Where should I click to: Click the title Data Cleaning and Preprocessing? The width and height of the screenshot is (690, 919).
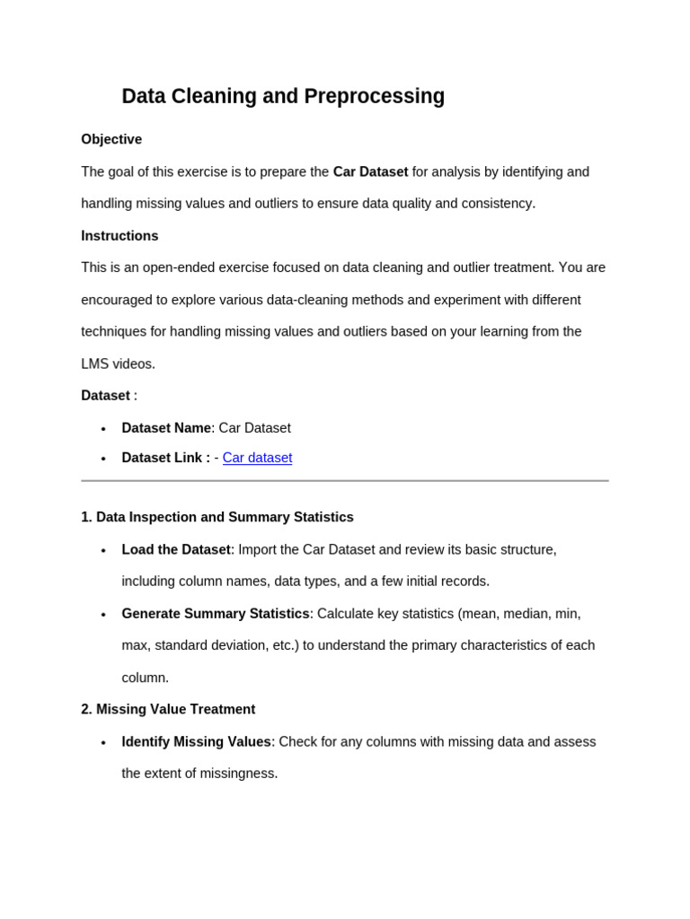283,96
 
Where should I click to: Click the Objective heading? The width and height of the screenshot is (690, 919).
111,139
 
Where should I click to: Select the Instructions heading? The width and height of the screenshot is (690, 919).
119,236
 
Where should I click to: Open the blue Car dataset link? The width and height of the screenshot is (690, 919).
257,458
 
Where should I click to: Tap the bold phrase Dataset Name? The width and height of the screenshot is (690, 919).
166,428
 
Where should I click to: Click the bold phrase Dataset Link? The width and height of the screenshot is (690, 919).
165,458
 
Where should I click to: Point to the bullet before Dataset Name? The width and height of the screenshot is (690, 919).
103,429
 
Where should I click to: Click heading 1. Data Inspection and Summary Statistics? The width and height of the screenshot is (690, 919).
217,517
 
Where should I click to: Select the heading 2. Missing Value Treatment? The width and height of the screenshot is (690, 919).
168,709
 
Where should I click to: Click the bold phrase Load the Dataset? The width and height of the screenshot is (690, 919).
176,549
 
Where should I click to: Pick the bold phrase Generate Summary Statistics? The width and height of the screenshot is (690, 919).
216,614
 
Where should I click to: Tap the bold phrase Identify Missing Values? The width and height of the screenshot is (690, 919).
197,741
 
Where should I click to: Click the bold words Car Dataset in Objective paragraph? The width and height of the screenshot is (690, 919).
370,171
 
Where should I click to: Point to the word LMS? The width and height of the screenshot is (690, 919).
94,363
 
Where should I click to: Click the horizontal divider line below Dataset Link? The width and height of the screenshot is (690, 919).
345,481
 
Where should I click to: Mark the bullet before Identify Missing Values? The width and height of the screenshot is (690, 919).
103,742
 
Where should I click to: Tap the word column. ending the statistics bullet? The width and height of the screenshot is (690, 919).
146,678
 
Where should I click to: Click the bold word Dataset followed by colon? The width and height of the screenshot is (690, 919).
105,396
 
